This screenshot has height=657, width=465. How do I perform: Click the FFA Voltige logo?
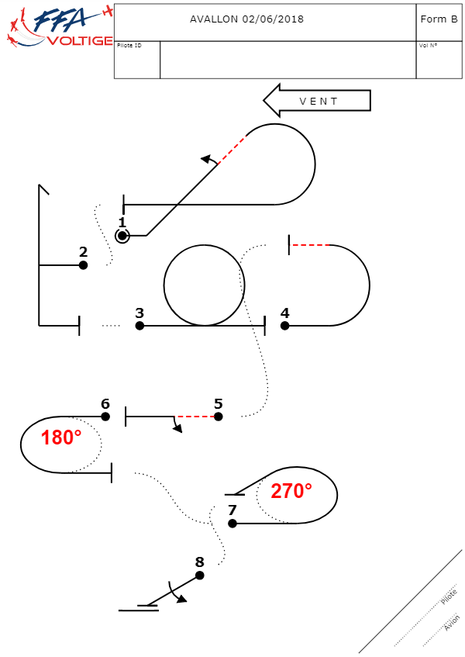(x=58, y=27)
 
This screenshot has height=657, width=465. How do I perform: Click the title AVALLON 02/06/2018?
(x=246, y=19)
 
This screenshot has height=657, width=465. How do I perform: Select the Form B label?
(x=439, y=19)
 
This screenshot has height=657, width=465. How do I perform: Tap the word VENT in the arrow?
(x=319, y=101)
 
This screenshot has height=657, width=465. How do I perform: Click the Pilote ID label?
(x=129, y=46)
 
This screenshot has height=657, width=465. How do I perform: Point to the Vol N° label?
(x=428, y=46)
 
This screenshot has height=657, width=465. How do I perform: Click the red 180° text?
(x=61, y=437)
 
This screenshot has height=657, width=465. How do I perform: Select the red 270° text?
(x=291, y=490)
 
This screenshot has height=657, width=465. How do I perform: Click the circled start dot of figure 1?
(x=122, y=236)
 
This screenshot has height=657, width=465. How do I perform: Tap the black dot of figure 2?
(x=83, y=265)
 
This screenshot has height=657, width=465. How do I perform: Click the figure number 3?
(x=139, y=313)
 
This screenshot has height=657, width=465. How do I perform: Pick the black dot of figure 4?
(x=285, y=326)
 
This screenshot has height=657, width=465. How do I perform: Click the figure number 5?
(x=218, y=403)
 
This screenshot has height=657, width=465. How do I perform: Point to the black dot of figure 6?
(x=105, y=417)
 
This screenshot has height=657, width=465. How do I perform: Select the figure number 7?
(x=232, y=510)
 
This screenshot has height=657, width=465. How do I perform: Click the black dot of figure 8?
(x=199, y=576)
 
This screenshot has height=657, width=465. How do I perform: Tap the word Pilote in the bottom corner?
(x=449, y=596)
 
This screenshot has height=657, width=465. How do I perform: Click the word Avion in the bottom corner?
(x=452, y=623)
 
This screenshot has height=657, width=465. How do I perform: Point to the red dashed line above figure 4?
(x=310, y=245)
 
